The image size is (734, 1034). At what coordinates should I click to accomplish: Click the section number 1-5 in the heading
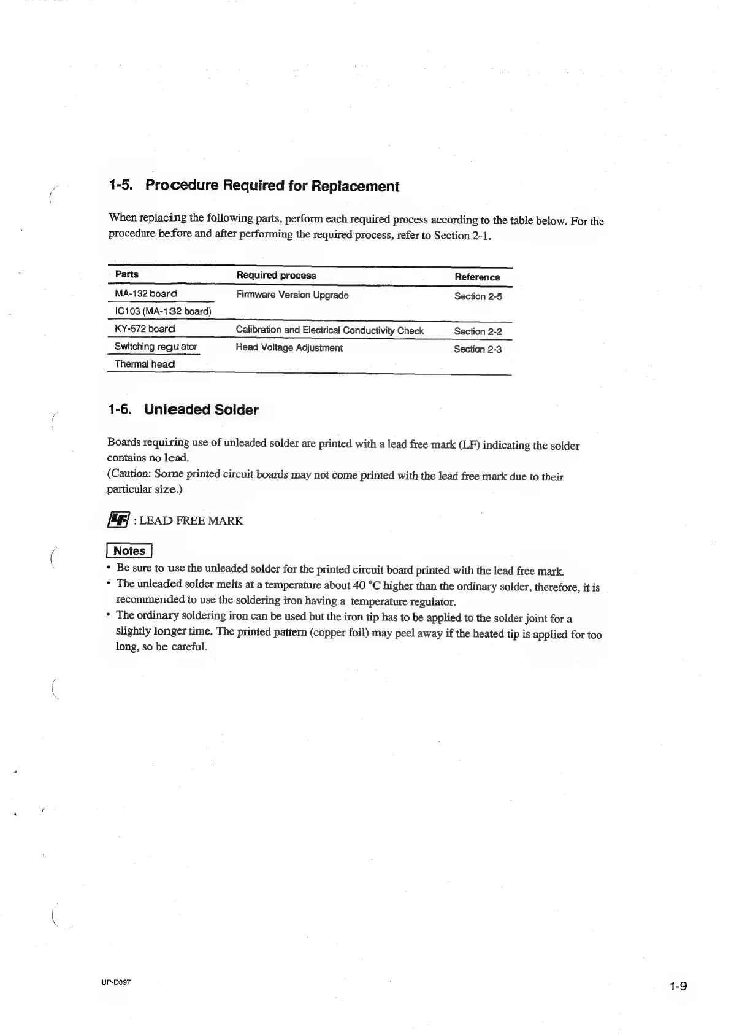121,185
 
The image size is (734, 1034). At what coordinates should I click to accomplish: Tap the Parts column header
127,274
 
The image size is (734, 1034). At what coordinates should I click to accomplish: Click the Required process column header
276,276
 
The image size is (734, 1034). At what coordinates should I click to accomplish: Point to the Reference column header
477,277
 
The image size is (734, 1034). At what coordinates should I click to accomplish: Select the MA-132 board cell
146,293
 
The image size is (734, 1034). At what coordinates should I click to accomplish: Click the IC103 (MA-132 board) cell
162,311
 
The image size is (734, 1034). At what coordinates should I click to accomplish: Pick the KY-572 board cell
145,329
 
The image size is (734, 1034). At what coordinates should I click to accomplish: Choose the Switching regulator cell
156,347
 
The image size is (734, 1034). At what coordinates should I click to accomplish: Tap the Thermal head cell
145,364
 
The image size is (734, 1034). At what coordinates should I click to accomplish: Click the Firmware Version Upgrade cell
292,295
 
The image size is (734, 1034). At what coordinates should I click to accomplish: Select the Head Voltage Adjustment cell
289,348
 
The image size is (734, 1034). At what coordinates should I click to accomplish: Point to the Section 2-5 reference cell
478,296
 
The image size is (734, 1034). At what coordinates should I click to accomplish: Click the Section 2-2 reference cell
478,331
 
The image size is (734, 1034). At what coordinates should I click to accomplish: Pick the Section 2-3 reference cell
477,349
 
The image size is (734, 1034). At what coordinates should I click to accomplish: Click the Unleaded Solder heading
201,409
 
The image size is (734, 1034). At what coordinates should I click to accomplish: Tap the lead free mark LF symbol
118,520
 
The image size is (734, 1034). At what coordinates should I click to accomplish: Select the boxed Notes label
129,550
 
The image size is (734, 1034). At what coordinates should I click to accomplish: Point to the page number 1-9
678,987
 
